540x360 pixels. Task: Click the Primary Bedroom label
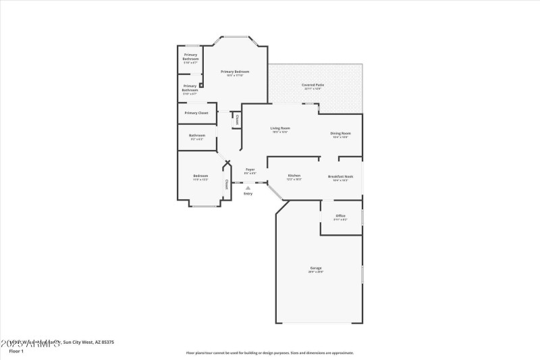pos(236,71)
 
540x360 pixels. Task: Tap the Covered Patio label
pos(313,84)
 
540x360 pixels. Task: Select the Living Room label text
pos(280,128)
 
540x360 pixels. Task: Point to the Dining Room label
pos(340,133)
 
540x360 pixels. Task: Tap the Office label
pos(340,215)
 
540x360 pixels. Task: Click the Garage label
pos(316,268)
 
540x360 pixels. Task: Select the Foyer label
pos(250,169)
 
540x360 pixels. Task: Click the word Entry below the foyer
pos(248,194)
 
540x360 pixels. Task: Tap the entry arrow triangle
pos(248,188)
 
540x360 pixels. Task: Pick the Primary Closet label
pos(196,113)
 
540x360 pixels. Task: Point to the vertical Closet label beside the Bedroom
pos(227,184)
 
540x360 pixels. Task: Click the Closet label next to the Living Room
pos(238,120)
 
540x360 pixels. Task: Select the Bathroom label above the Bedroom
pos(196,135)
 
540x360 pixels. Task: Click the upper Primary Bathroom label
pos(190,57)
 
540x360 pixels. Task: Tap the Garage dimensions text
pos(316,272)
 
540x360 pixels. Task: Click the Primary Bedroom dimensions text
pos(236,75)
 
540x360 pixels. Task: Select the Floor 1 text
pos(16,351)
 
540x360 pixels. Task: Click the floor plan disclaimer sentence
pos(270,353)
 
